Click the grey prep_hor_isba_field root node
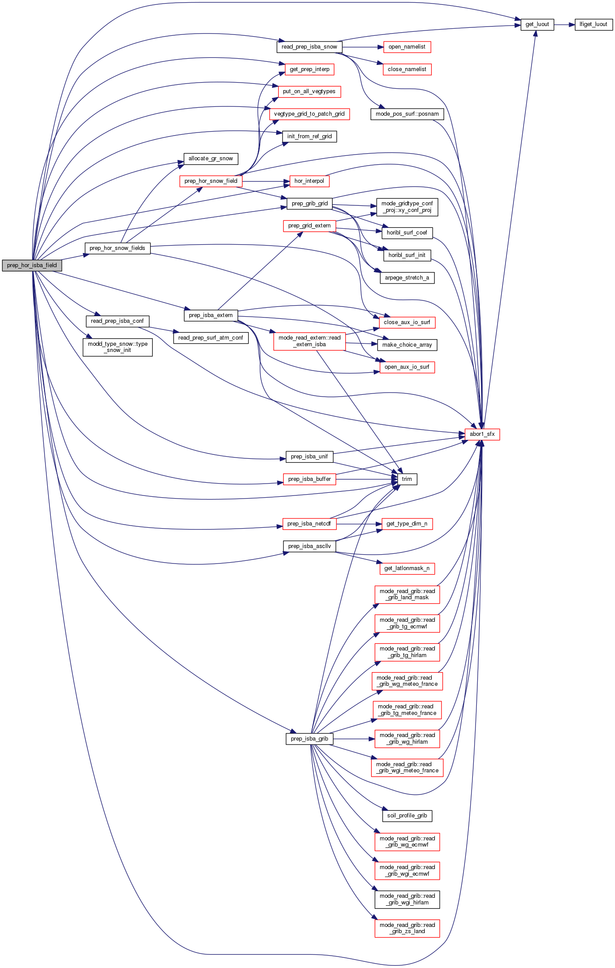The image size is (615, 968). [x=32, y=265]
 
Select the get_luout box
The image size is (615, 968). [x=537, y=25]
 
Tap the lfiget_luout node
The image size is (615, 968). [x=593, y=25]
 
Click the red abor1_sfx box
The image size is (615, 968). [x=482, y=434]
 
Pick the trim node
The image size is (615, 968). [x=407, y=479]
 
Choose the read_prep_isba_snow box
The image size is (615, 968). [x=309, y=47]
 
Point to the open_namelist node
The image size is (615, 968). [x=407, y=47]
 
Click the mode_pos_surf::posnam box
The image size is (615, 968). [x=407, y=114]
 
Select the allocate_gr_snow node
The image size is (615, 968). [x=211, y=159]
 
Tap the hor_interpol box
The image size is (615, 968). [x=309, y=181]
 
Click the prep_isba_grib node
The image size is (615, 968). [x=309, y=739]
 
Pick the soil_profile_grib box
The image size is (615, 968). [x=407, y=816]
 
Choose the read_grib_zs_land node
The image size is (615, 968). [x=407, y=928]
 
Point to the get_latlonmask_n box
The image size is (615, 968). [x=407, y=568]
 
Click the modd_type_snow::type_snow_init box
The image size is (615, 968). [x=117, y=347]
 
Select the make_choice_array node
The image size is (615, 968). [x=407, y=345]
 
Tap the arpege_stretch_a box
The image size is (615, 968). [x=407, y=278]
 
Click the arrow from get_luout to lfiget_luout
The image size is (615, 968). [x=564, y=25]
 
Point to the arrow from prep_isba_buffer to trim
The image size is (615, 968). [x=366, y=479]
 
